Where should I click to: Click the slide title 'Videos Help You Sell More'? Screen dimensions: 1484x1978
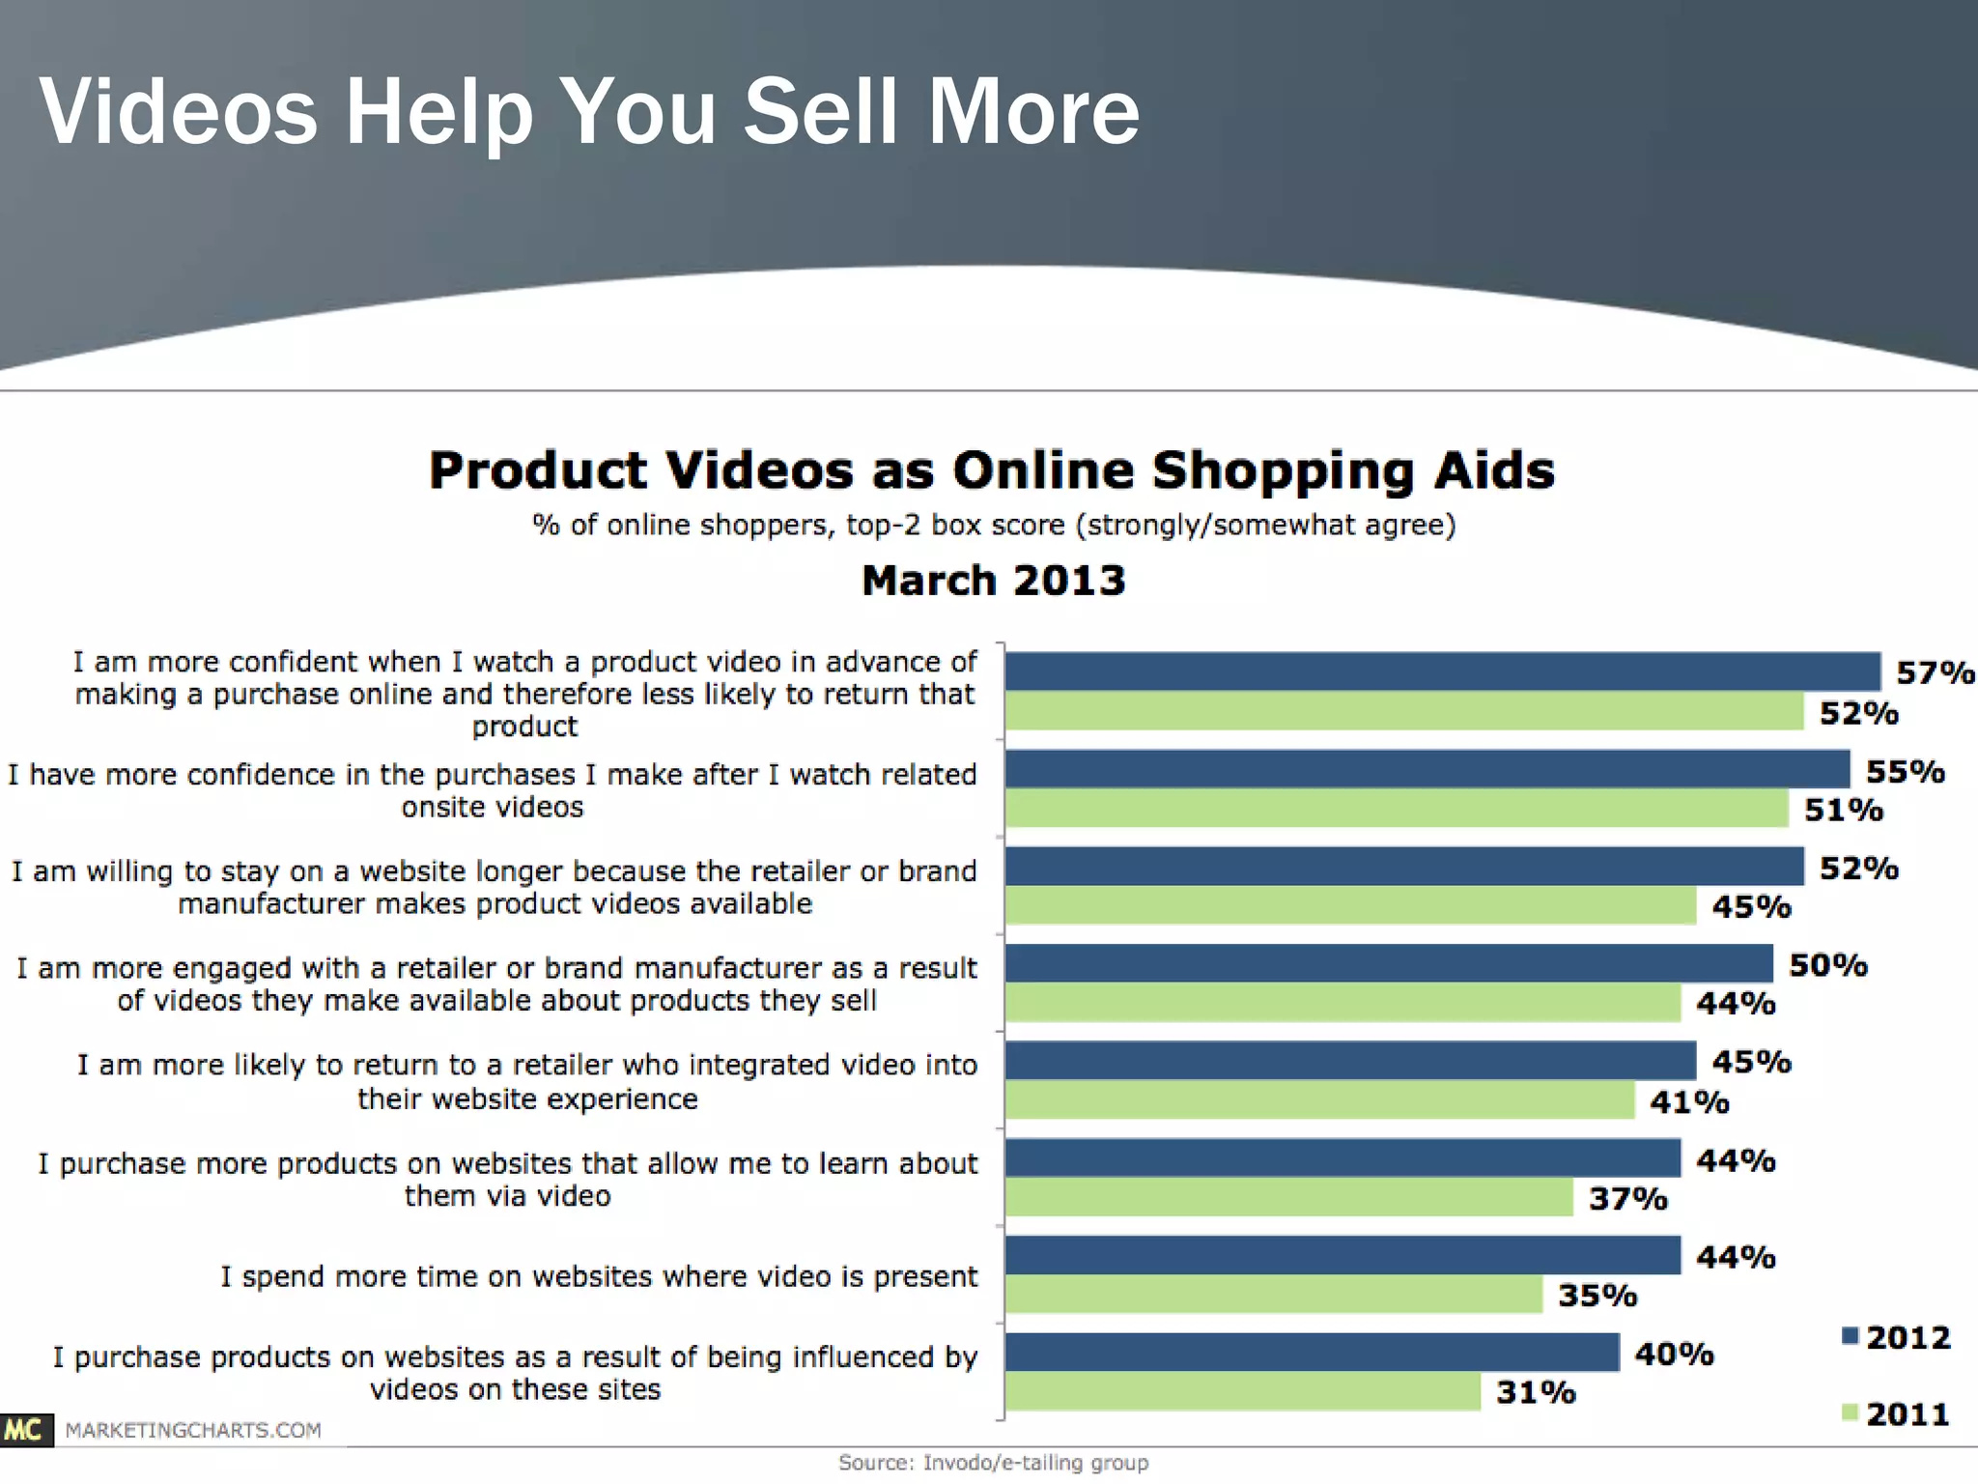pyautogui.click(x=589, y=112)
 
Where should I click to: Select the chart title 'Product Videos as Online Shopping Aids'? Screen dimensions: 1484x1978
pyautogui.click(x=992, y=471)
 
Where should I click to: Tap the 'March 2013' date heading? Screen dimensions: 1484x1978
pyautogui.click(x=993, y=581)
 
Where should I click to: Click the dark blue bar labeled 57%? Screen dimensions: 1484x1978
pyautogui.click(x=1442, y=671)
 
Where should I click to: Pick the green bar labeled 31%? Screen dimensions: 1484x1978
pyautogui.click(x=1242, y=1392)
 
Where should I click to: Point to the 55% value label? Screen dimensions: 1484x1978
pyautogui.click(x=1905, y=771)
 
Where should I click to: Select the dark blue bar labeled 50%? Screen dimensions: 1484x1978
pyautogui.click(x=1389, y=963)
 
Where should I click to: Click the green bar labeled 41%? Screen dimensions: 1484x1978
pyautogui.click(x=1319, y=1100)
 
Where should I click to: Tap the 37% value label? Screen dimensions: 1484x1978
pyautogui.click(x=1628, y=1199)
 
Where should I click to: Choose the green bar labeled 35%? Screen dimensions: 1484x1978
pyautogui.click(x=1273, y=1295)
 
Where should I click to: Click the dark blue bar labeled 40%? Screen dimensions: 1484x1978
pyautogui.click(x=1312, y=1353)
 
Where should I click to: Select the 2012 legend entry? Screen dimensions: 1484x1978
pyautogui.click(x=1897, y=1337)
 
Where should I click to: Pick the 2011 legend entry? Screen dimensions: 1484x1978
pyautogui.click(x=1897, y=1414)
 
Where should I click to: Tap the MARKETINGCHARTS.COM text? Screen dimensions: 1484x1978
pyautogui.click(x=193, y=1430)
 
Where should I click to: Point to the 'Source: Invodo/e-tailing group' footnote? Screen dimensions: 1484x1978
pyautogui.click(x=993, y=1463)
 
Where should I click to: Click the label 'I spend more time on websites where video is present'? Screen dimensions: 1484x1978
pyautogui.click(x=599, y=1276)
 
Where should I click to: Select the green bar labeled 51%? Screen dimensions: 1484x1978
pyautogui.click(x=1397, y=809)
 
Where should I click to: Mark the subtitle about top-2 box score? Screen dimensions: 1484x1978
pyautogui.click(x=993, y=525)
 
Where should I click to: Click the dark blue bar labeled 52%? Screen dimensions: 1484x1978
pyautogui.click(x=1404, y=867)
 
